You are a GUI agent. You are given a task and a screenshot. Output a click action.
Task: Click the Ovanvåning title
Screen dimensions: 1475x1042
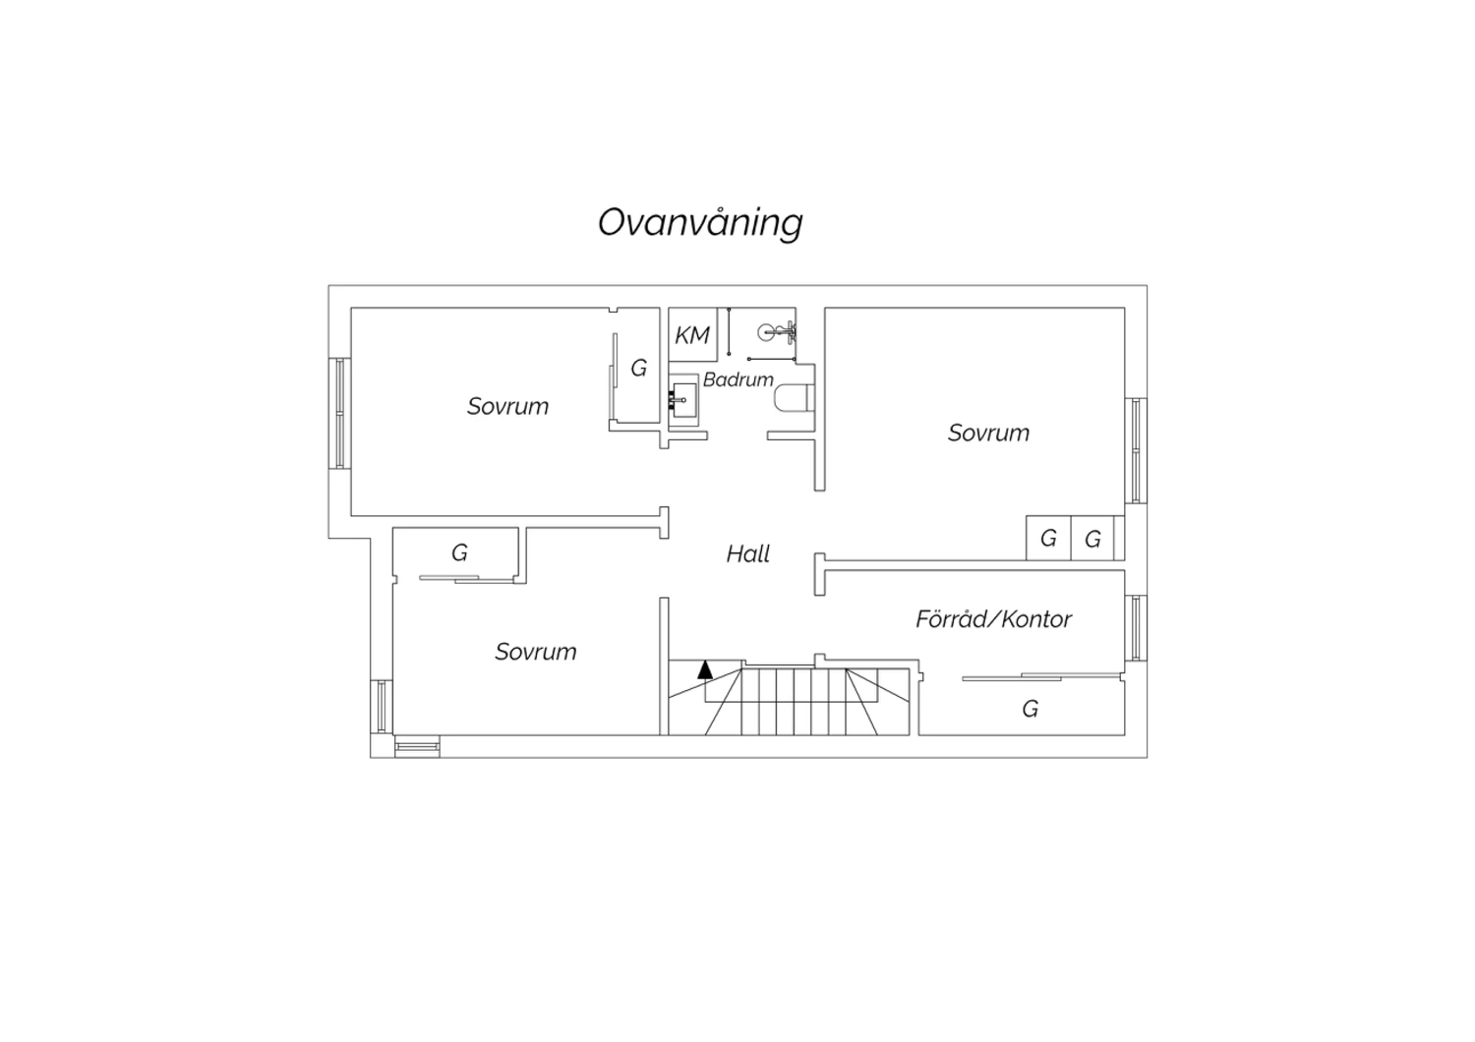[x=700, y=223]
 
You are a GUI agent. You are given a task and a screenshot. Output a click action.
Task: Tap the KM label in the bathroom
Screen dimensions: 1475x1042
[x=692, y=335]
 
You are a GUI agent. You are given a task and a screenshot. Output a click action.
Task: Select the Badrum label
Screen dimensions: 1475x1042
[x=738, y=379]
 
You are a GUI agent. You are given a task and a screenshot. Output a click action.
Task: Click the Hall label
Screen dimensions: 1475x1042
[x=748, y=554]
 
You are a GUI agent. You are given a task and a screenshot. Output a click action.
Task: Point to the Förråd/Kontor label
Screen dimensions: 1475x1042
[x=993, y=618]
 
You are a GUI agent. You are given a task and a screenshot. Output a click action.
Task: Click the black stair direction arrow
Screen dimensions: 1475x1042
[x=705, y=669]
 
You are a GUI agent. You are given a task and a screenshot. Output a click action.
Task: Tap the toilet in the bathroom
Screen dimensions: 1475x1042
[x=795, y=398]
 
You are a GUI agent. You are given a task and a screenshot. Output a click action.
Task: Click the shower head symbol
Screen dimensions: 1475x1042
[x=777, y=331]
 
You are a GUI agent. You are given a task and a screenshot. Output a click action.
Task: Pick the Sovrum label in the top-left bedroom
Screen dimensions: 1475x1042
[x=507, y=407]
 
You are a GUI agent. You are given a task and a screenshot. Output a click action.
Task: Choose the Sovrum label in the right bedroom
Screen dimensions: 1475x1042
[x=988, y=434]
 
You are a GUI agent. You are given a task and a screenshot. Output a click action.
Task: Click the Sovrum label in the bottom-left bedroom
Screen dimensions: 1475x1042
[x=536, y=653]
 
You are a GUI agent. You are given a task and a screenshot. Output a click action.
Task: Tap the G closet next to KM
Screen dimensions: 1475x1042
[x=639, y=368]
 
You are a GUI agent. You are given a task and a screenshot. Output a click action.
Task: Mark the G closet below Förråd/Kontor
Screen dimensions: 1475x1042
[x=1031, y=709]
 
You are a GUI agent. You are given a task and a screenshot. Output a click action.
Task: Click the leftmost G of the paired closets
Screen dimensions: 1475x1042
[x=1048, y=539]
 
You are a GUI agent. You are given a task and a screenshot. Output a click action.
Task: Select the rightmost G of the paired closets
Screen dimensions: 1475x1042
[x=1093, y=540]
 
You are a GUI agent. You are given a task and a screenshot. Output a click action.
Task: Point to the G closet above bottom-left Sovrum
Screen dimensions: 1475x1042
[x=459, y=552]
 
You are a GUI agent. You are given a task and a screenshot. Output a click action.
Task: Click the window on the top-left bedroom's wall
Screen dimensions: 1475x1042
[x=340, y=414]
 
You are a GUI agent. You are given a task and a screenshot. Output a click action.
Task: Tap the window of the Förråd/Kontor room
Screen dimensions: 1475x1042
[x=1136, y=628]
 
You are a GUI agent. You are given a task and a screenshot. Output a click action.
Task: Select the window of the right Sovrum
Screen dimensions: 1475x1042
[x=1136, y=451]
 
